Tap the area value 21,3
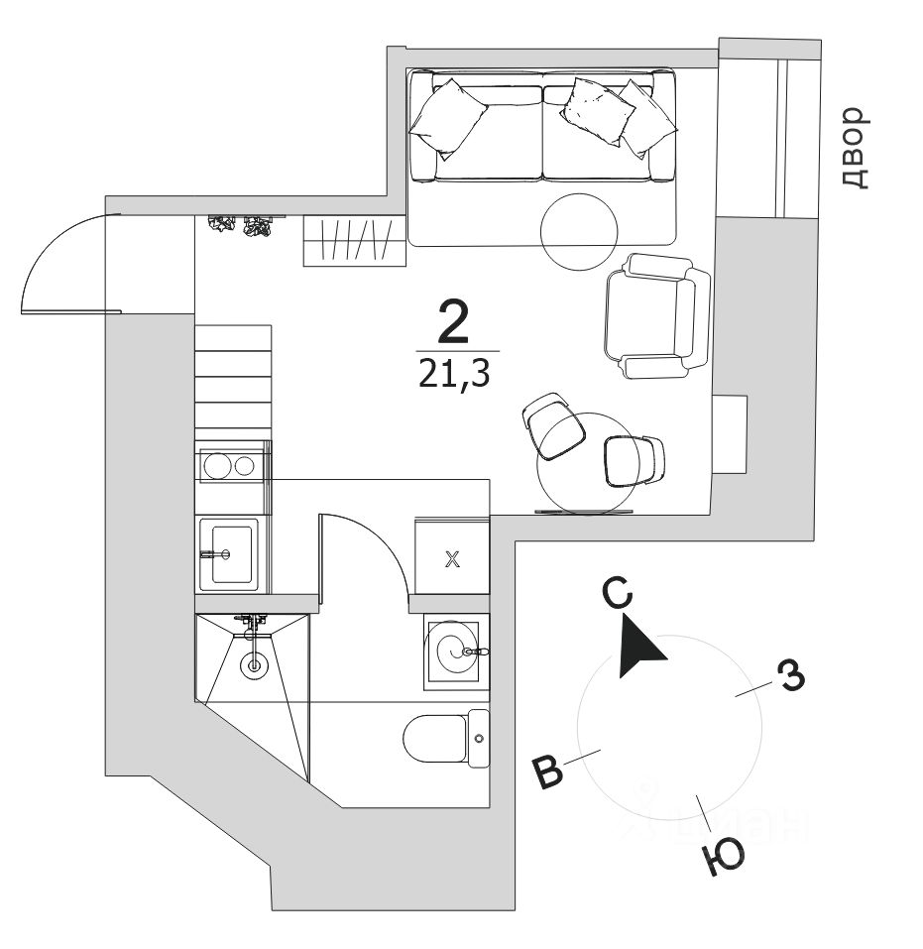pyautogui.click(x=455, y=375)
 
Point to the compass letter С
pyautogui.click(x=617, y=593)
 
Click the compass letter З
pyautogui.click(x=790, y=676)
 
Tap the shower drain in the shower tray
pyautogui.click(x=254, y=664)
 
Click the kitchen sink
pyautogui.click(x=228, y=553)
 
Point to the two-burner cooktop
pyautogui.click(x=229, y=463)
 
